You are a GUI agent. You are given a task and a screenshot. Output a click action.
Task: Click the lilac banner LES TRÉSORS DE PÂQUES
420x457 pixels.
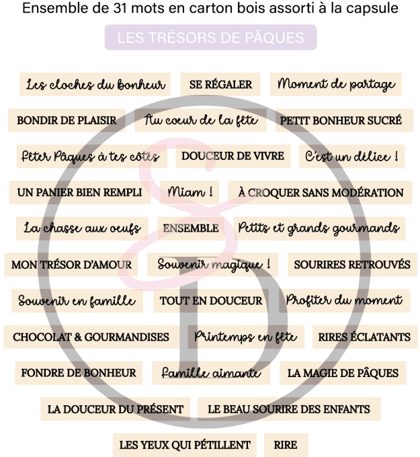tap(210, 38)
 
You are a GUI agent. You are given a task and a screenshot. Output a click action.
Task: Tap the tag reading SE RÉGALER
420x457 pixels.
tap(220, 85)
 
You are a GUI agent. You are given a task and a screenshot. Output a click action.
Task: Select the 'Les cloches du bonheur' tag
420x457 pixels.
tap(95, 85)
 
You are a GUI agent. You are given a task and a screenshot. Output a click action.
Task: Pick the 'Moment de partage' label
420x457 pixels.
tap(336, 85)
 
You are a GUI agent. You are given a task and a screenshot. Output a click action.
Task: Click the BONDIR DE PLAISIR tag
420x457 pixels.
tap(67, 120)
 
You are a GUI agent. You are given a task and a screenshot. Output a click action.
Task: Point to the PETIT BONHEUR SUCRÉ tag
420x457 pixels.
tap(341, 120)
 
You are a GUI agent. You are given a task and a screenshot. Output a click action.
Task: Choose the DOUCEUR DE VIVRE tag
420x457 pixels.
tap(233, 156)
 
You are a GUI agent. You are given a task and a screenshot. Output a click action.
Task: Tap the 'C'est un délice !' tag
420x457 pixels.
tap(351, 156)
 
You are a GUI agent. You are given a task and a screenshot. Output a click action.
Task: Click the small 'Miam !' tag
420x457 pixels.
tap(190, 192)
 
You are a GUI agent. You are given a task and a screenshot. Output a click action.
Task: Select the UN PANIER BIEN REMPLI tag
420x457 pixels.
tap(79, 192)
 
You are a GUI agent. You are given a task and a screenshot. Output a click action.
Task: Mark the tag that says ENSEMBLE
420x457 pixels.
tap(190, 228)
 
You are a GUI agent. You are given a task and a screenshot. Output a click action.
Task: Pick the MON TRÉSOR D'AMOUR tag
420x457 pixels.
tap(71, 264)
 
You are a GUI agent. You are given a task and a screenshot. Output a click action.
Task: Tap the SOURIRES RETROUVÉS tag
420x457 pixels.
tap(351, 264)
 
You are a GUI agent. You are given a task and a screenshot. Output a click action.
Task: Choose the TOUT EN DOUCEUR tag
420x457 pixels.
tap(211, 300)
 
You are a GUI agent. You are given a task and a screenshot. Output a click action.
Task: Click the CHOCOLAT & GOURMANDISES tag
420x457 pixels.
tap(91, 337)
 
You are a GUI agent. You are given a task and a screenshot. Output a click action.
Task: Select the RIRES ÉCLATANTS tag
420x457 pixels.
tap(364, 337)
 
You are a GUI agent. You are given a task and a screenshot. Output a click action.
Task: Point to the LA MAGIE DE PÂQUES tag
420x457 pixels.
tap(343, 372)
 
